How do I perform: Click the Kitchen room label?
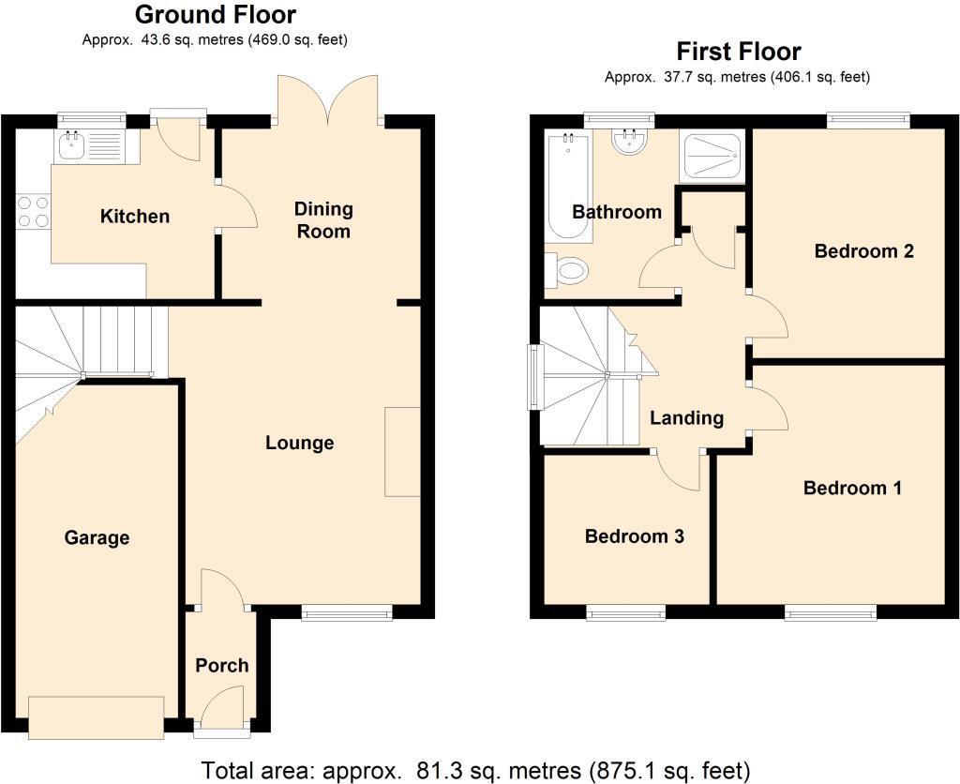tap(135, 217)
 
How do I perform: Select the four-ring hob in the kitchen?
tap(33, 212)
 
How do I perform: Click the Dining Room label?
tap(322, 219)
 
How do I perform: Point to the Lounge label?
tap(299, 443)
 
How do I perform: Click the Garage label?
tap(97, 538)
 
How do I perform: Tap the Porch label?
tap(222, 666)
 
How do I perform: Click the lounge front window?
tap(346, 613)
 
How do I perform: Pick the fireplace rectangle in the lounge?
tap(402, 451)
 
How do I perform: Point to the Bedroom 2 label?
tap(863, 251)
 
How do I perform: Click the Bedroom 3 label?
tap(634, 536)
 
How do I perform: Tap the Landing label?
tap(687, 418)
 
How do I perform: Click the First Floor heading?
tap(739, 51)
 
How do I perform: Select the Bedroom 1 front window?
tap(831, 613)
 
